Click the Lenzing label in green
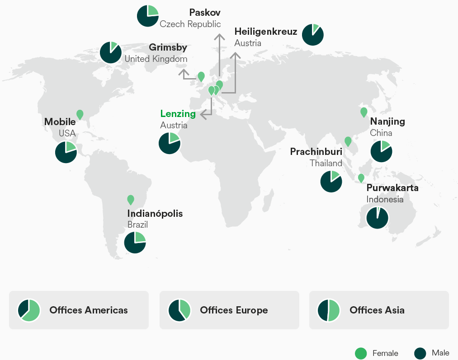[x=178, y=114]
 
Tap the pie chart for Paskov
[x=147, y=16]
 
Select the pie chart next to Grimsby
[x=110, y=52]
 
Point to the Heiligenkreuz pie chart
[x=312, y=34]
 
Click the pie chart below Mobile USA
[x=66, y=152]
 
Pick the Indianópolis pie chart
[x=135, y=242]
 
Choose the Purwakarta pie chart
[x=377, y=218]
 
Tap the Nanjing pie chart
[x=381, y=151]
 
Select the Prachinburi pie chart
[x=331, y=181]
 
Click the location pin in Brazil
[x=131, y=199]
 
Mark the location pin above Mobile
[x=80, y=114]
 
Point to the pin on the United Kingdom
[x=201, y=76]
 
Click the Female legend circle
[x=361, y=353]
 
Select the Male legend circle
[x=420, y=353]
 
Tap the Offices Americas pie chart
[x=29, y=310]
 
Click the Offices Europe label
[x=234, y=310]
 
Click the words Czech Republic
[x=190, y=24]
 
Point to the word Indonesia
[x=385, y=199]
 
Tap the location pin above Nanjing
[x=364, y=112]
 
